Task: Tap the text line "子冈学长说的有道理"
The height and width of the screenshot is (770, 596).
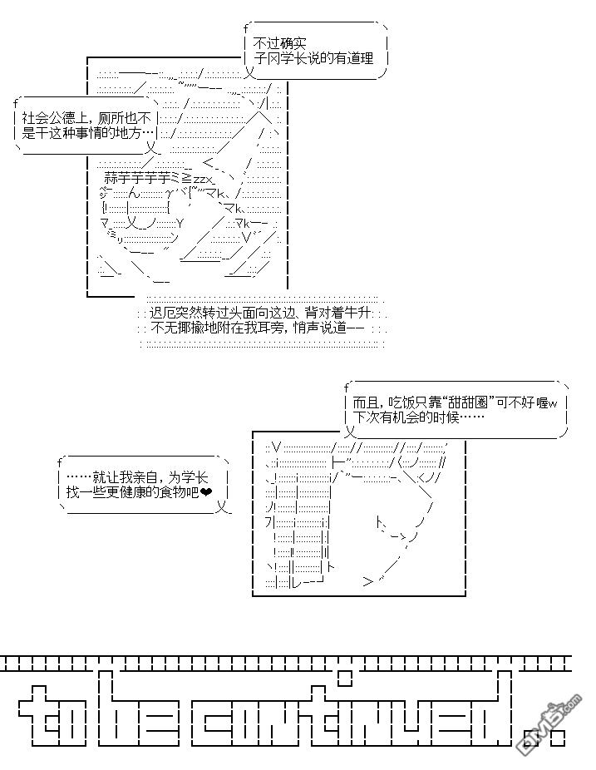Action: pos(315,58)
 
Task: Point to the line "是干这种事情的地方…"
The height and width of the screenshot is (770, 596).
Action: pos(89,132)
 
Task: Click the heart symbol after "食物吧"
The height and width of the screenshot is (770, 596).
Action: pos(206,492)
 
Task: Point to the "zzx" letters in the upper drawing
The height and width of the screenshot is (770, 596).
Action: pos(204,179)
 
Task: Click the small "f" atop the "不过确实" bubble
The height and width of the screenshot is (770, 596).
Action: pos(247,29)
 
